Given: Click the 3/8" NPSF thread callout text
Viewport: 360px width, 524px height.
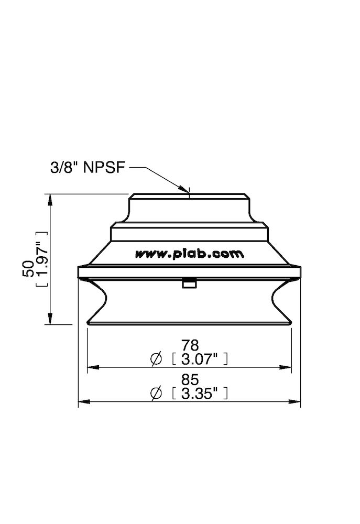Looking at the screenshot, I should (86, 169).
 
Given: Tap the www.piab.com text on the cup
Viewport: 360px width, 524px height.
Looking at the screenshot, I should (190, 254).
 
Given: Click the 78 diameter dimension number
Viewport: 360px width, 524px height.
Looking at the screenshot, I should (190, 345).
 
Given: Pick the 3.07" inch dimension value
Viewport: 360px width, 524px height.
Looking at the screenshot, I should (199, 359).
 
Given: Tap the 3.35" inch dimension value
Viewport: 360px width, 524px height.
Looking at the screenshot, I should (199, 394).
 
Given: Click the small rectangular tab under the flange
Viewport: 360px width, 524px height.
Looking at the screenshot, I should (189, 283).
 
